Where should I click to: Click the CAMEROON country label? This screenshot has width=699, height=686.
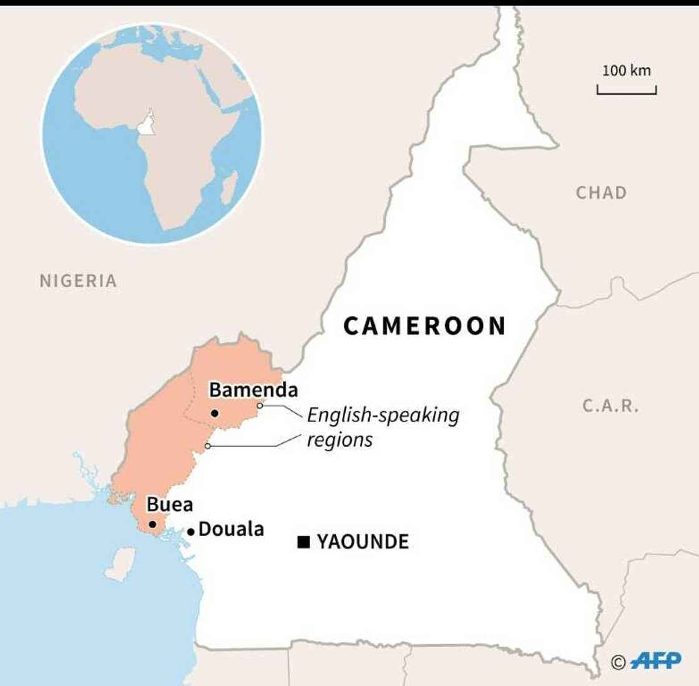coord(424,326)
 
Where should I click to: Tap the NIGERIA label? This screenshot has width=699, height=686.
coord(78,281)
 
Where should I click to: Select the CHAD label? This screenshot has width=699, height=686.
coord(601,193)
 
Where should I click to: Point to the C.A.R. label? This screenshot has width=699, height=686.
coord(610,406)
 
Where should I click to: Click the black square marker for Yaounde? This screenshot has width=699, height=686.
coord(303,542)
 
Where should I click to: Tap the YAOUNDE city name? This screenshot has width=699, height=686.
coord(363,542)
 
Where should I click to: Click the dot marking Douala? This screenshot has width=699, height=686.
coord(191,532)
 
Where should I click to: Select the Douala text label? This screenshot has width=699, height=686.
coord(231,529)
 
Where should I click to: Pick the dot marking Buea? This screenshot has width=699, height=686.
coord(152,524)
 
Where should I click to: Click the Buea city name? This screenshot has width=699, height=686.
coord(169,504)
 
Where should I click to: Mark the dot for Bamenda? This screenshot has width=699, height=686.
coord(215,413)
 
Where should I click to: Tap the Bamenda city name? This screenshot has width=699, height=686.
coord(253,390)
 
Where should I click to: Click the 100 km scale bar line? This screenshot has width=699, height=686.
coord(626,92)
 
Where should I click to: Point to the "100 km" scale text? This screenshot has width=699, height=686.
coord(626,71)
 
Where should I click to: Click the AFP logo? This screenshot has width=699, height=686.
coord(655,661)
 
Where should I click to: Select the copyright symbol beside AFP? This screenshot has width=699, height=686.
coord(618,662)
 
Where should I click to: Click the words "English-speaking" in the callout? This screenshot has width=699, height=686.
coord(383,415)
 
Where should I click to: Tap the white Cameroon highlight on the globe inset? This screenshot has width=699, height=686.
coord(147,124)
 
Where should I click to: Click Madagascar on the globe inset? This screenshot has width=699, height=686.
coord(229,187)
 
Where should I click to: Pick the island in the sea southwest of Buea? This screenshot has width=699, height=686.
coord(120,564)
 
